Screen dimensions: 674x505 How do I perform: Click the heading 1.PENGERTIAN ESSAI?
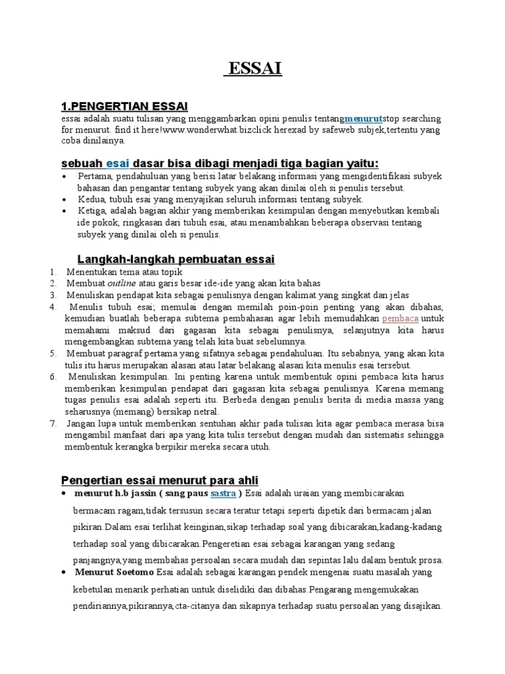click(x=124, y=106)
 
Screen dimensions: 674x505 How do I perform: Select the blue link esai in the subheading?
click(x=118, y=163)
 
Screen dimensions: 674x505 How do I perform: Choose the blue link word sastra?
click(x=223, y=493)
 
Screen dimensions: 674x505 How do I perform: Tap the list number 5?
click(x=53, y=353)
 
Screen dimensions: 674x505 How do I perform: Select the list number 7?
click(x=53, y=423)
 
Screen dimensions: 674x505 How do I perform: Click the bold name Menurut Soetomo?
click(x=114, y=572)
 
